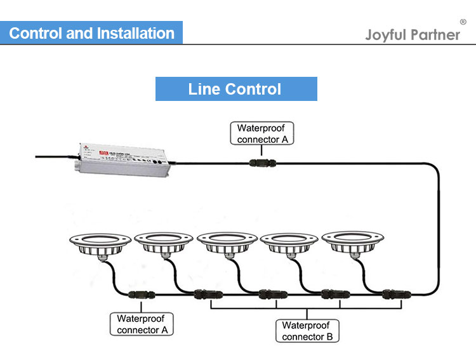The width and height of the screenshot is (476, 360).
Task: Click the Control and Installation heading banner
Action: [x=91, y=33]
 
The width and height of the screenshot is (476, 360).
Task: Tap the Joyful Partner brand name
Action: [x=413, y=34]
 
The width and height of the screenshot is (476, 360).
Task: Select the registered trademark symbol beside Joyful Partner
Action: [x=463, y=22]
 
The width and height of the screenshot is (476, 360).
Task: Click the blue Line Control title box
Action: [x=236, y=89]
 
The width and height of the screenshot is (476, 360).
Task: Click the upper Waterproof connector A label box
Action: [x=261, y=133]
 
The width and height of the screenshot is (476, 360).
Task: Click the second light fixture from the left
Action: [x=163, y=244]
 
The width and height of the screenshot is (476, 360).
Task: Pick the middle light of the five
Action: [x=227, y=244]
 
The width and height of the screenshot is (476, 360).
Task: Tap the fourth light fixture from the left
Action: [x=289, y=244]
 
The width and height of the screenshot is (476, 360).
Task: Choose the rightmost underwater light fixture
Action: [x=351, y=244]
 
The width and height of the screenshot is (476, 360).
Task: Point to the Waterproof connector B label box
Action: [x=307, y=331]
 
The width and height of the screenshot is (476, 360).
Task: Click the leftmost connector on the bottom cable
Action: [x=139, y=295]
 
